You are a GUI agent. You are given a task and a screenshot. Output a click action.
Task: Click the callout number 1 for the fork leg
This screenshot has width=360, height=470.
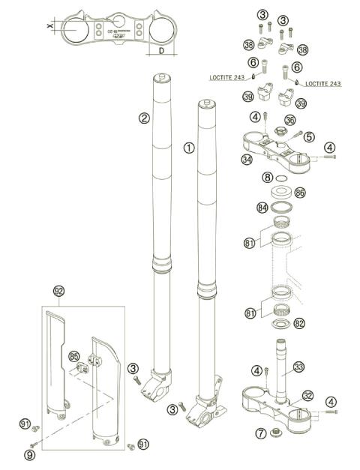point(188,148)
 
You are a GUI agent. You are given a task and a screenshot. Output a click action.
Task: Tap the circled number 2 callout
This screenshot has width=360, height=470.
point(143,118)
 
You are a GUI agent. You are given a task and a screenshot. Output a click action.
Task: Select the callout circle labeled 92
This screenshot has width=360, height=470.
point(59,290)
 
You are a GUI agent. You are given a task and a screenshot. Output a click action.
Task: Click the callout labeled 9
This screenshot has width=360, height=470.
point(30,454)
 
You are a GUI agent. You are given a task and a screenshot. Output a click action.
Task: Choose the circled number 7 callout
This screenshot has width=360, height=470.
point(260,434)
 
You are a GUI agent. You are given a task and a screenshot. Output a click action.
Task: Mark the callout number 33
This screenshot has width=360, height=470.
point(298,367)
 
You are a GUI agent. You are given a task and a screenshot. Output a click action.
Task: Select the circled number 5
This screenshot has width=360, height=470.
point(308,137)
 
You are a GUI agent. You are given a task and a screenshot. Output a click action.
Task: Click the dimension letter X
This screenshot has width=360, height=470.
point(49,26)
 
